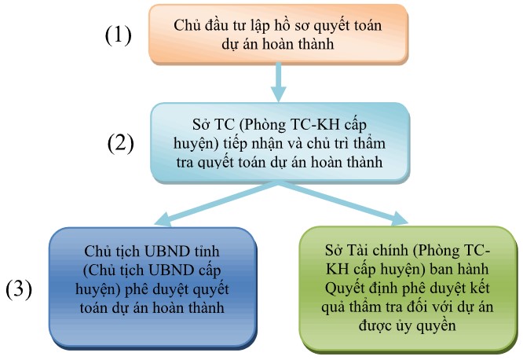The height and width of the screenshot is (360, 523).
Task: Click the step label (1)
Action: (x=118, y=35)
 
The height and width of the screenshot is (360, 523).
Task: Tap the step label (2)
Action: (x=120, y=143)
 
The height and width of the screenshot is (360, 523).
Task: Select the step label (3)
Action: (x=19, y=289)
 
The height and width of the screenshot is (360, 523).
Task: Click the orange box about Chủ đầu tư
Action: (x=278, y=34)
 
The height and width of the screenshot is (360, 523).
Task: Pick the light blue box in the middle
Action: (x=280, y=142)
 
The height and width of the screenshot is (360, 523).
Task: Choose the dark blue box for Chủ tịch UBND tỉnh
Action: (x=153, y=288)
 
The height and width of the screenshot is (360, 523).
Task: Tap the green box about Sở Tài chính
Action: (x=408, y=289)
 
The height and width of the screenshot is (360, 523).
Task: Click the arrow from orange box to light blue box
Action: (x=278, y=83)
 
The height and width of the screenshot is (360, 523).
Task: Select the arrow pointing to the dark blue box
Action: (x=216, y=204)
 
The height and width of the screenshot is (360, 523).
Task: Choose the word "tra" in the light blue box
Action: (x=185, y=163)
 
